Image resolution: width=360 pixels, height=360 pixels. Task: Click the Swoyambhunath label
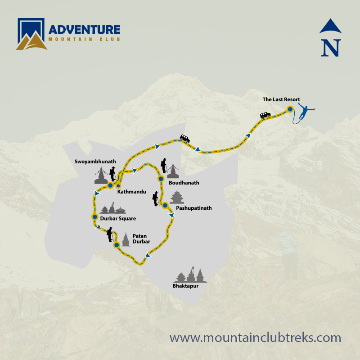click(x=95, y=161)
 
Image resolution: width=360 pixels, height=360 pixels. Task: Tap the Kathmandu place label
click(x=131, y=192)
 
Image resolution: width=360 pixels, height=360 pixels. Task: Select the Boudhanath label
click(x=184, y=183)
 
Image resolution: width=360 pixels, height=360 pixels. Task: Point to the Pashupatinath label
click(x=193, y=208)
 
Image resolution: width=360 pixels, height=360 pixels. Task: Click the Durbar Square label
click(x=118, y=219)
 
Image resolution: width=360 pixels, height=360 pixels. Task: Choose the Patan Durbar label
click(x=141, y=238)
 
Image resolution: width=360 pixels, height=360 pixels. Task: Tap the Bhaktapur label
click(x=185, y=286)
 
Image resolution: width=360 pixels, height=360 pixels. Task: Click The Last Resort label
click(x=281, y=99)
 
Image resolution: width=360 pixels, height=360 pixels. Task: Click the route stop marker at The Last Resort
click(x=290, y=109)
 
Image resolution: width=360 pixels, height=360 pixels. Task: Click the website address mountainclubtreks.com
click(x=255, y=337)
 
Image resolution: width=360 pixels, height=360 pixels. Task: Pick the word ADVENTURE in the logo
click(x=85, y=30)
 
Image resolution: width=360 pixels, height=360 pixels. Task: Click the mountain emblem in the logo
click(x=31, y=34)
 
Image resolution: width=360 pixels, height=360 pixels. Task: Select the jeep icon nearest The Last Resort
click(x=265, y=115)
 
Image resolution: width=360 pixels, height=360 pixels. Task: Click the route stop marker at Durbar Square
click(x=94, y=217)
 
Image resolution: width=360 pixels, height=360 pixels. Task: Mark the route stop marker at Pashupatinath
click(x=165, y=206)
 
